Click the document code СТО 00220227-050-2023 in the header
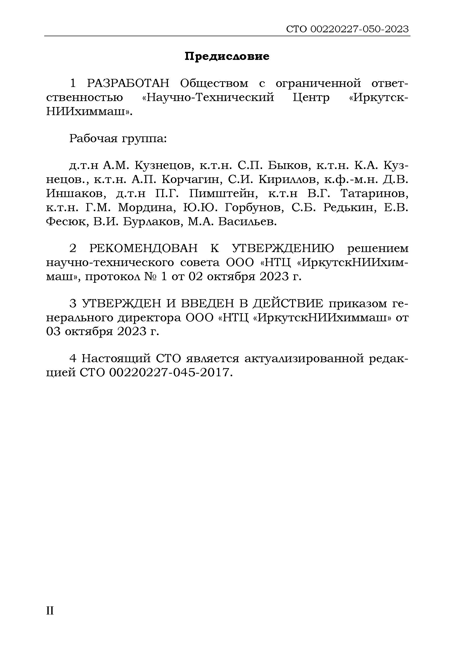pyautogui.click(x=347, y=29)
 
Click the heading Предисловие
pyautogui.click(x=227, y=57)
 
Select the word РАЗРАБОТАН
pyautogui.click(x=128, y=84)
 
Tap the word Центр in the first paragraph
pyautogui.click(x=311, y=98)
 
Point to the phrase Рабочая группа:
pyautogui.click(x=118, y=139)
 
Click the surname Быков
pyautogui.click(x=288, y=166)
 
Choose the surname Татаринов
pyautogui.click(x=374, y=193)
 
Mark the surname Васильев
pyautogui.click(x=248, y=222)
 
